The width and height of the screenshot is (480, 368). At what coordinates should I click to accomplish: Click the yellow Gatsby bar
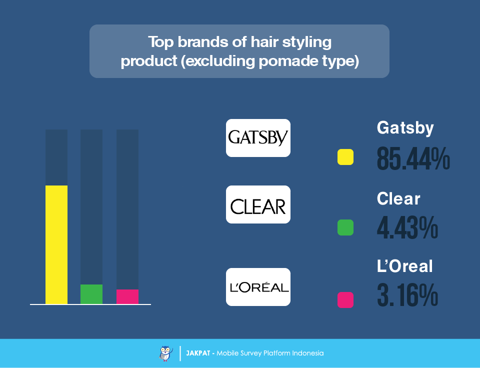coord(56,244)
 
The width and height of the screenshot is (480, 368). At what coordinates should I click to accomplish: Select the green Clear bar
coord(91,294)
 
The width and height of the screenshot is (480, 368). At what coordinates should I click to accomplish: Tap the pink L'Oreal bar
coord(127,296)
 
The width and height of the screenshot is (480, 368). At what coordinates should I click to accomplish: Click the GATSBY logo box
coord(258,138)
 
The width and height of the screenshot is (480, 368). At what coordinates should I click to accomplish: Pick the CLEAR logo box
coord(258,204)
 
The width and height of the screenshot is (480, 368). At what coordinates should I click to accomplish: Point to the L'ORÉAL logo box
coord(258,287)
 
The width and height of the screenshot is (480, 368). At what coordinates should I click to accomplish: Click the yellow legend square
coord(345,157)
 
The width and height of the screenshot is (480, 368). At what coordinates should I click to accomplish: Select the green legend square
coord(345,227)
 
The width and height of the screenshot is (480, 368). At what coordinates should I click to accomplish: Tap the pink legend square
coord(345,299)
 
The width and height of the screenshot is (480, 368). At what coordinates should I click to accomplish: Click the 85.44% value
coord(413,158)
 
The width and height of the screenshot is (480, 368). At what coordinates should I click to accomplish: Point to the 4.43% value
coord(407,227)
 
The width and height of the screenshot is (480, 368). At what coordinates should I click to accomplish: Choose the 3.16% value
coord(407,295)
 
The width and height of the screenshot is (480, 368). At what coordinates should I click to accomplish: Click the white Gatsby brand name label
coord(405,128)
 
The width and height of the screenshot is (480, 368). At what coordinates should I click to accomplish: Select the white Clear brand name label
coord(398,198)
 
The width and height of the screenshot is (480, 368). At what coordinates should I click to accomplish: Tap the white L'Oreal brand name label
coord(404,265)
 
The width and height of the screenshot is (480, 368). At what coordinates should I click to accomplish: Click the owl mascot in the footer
coord(165,353)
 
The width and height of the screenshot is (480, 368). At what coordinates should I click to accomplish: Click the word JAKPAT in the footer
coord(198,353)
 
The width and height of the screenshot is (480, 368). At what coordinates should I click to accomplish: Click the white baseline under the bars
coord(90,304)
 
